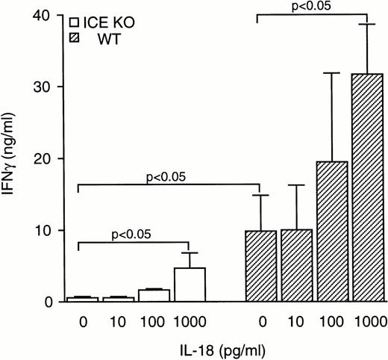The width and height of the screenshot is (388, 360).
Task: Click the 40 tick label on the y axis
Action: (47, 16)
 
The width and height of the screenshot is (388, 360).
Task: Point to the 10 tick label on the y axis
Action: (47, 231)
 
